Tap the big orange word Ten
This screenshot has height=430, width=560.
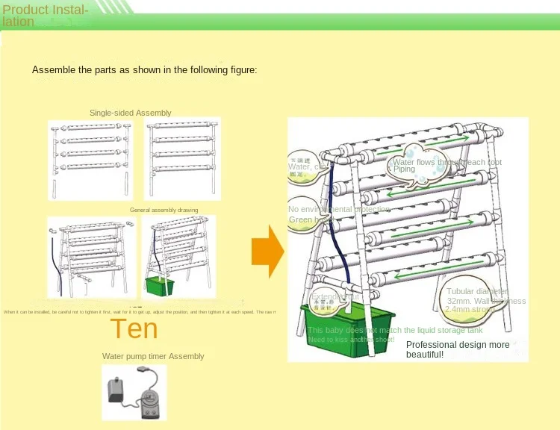click(134, 328)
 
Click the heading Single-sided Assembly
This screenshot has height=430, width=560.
click(130, 113)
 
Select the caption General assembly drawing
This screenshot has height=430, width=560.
click(164, 211)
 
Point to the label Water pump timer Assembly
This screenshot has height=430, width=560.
click(153, 356)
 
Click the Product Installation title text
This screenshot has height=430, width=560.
click(45, 16)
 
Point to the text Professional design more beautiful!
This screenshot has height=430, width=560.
click(458, 349)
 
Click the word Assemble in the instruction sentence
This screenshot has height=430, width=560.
click(50, 70)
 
